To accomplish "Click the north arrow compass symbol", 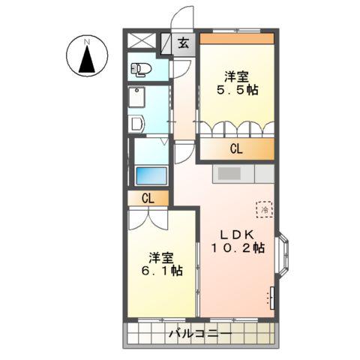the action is (87, 55).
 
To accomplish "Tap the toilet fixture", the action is (141, 69).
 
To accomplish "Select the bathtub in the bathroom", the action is (151, 175).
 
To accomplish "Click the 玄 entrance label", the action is (184, 43).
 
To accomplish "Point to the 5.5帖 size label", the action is (237, 90).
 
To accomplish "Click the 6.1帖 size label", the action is (162, 271).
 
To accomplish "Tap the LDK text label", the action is (237, 235).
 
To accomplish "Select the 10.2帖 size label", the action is (238, 248).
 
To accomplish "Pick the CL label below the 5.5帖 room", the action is (236, 149).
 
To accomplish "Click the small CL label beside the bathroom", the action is (148, 199).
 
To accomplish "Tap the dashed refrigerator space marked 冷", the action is (265, 209).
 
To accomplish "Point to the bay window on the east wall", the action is (283, 255).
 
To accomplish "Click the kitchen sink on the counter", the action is (229, 173).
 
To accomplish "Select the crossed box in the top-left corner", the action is (142, 40).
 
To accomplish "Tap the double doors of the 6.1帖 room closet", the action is (148, 219).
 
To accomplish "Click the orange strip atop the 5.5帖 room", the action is (237, 38).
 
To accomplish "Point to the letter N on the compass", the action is (87, 42).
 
